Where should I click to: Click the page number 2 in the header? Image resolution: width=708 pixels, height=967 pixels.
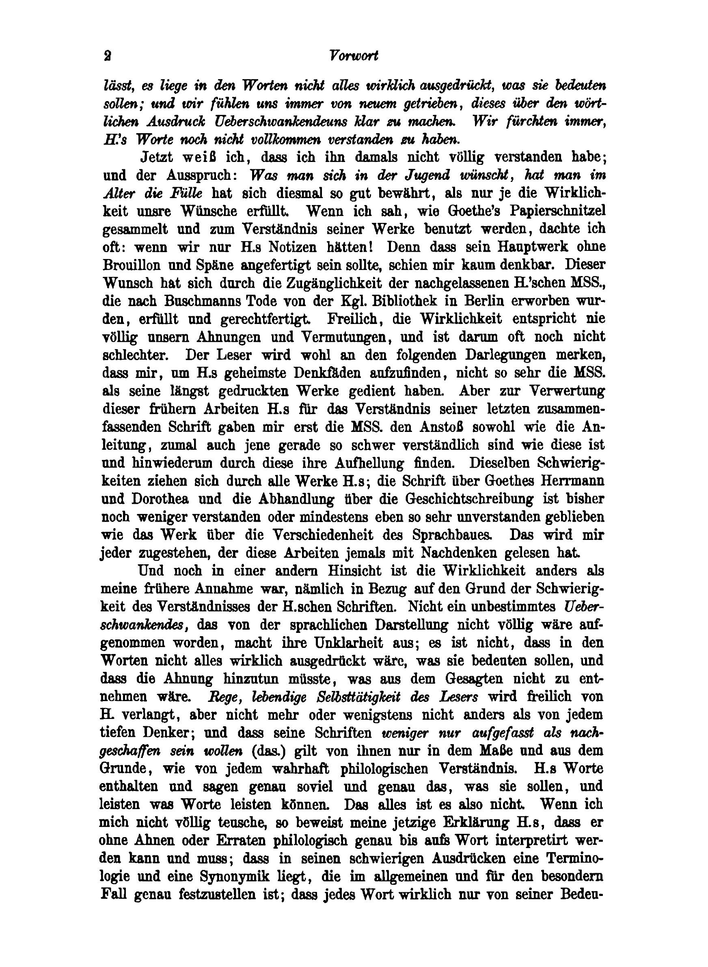tap(107, 56)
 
